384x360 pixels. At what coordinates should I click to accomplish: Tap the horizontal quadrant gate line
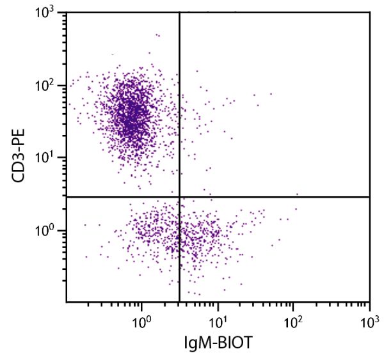(x=275, y=197)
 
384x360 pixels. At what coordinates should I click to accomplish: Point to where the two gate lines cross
(x=179, y=197)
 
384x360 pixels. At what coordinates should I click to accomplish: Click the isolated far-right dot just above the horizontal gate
(x=297, y=194)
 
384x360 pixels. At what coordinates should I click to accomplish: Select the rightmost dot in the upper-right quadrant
(x=271, y=93)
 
